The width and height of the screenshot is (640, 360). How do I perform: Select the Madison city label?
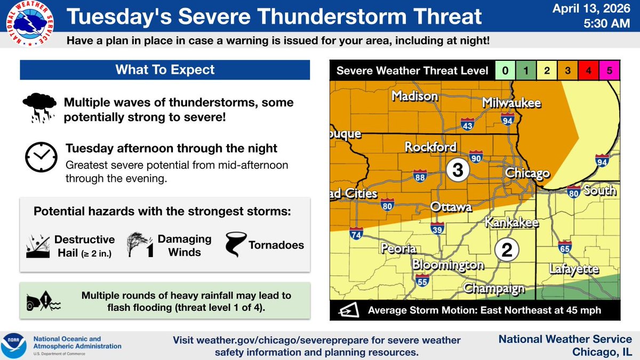414,96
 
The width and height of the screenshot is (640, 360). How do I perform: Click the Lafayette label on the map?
574,270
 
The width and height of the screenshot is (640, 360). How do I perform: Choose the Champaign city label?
494,289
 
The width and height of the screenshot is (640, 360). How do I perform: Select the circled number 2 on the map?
506,250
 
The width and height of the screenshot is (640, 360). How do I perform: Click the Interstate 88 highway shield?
420,177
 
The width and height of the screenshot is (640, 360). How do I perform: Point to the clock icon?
41,157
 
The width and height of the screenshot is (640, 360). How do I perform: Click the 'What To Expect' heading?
165,70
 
